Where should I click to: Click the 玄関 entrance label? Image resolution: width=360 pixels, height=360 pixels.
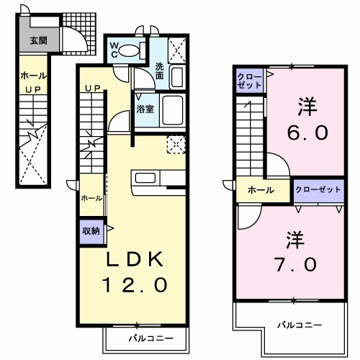coord(37,41)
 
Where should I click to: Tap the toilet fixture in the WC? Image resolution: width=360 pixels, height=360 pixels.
coord(128,50)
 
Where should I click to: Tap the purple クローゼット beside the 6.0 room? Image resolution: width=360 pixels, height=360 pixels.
coord(249,81)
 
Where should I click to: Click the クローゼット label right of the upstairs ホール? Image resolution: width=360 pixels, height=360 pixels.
coord(318,190)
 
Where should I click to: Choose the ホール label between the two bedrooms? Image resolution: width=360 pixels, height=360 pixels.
coord(260,190)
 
